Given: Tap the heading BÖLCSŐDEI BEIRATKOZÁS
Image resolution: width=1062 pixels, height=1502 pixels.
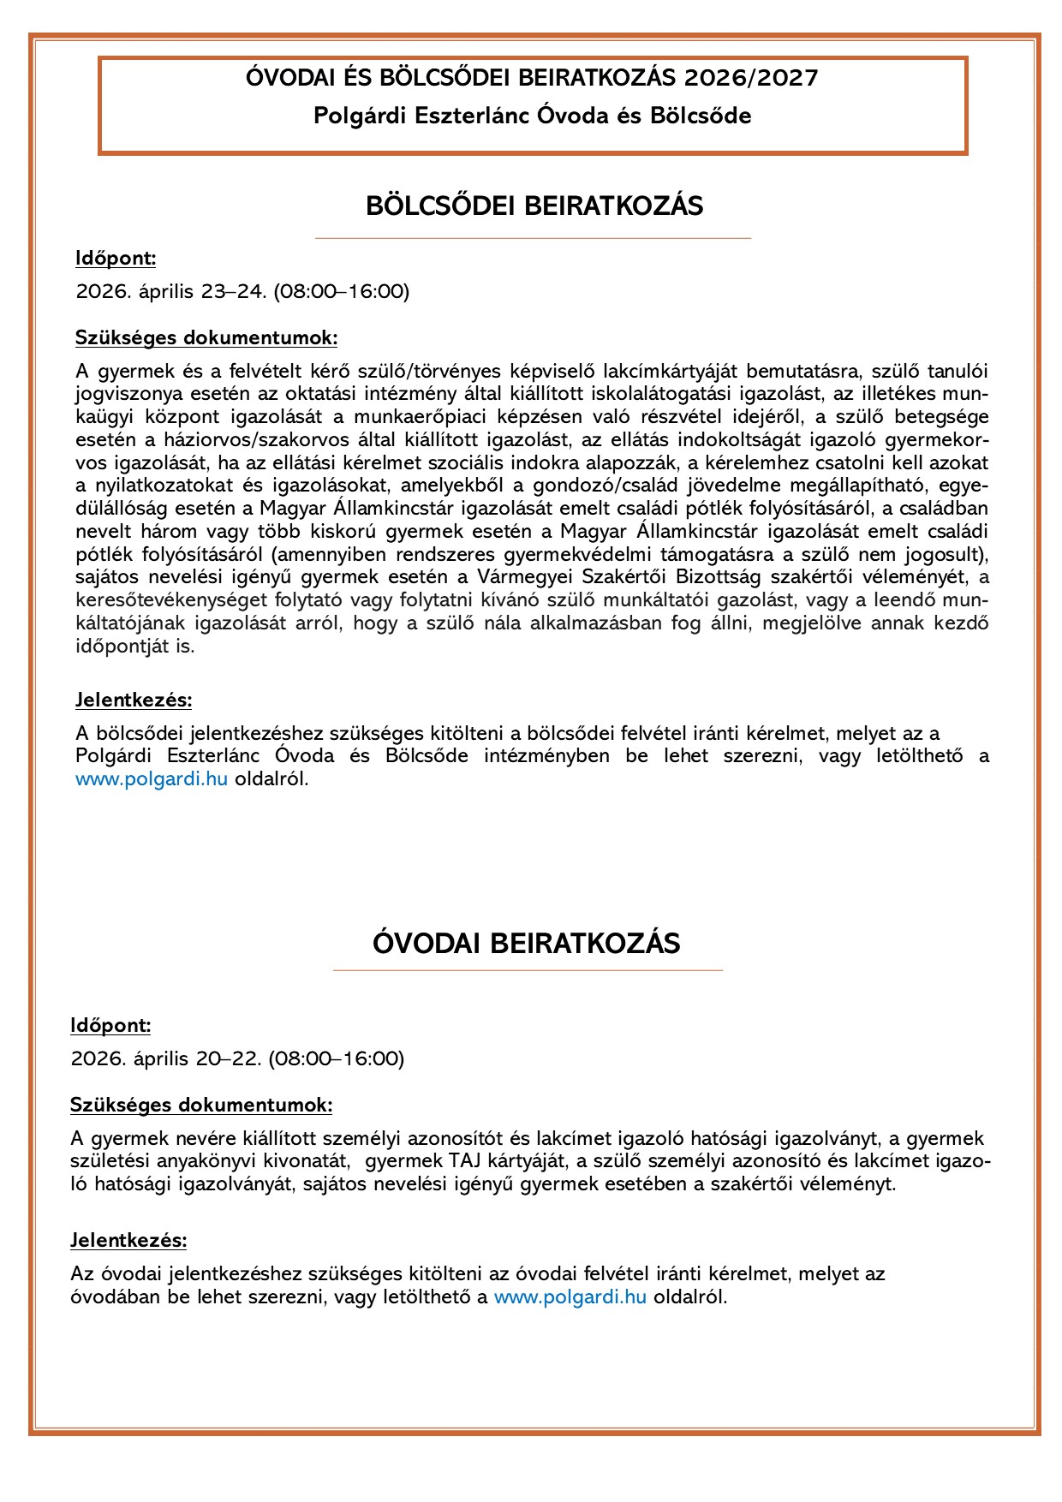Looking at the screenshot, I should (x=534, y=206).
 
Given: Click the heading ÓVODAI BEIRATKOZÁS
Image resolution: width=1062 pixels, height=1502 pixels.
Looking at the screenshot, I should (x=527, y=944).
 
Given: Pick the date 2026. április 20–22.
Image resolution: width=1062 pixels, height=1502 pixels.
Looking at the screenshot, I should (x=166, y=1058).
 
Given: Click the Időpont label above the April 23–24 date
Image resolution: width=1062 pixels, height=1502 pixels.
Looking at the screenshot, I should (x=116, y=259).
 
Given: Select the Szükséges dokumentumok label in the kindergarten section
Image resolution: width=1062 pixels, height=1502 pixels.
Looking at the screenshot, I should (x=201, y=1105).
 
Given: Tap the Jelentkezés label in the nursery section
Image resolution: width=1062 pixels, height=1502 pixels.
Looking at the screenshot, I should (x=134, y=700).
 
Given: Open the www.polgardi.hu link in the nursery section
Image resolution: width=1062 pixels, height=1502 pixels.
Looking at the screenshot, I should (x=152, y=779).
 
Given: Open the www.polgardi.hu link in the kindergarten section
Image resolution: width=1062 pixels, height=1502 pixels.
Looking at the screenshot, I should (x=570, y=1296).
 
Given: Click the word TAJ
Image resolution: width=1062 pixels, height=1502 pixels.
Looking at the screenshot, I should (x=459, y=1161).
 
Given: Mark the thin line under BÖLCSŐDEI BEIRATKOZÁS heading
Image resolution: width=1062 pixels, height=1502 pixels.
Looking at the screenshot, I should (x=533, y=238).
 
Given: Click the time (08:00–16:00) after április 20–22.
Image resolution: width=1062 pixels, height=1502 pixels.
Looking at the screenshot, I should (x=337, y=1058).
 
